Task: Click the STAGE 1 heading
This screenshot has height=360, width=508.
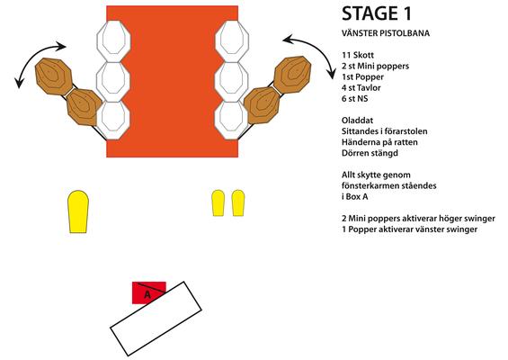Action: tap(377, 13)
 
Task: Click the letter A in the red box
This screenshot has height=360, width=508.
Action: tap(147, 295)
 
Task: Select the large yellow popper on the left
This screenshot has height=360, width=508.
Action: tap(78, 211)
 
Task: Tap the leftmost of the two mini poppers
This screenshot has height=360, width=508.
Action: tap(218, 203)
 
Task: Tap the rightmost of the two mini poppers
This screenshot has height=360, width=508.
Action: tap(238, 203)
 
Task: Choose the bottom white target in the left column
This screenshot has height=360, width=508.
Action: tap(113, 121)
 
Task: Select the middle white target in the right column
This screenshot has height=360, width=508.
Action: tap(232, 81)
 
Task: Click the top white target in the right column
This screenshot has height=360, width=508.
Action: tap(232, 41)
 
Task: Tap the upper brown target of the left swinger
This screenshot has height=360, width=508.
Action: tap(53, 76)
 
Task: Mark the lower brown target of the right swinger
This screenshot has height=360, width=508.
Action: tap(262, 105)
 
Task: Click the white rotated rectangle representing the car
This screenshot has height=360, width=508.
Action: tap(156, 319)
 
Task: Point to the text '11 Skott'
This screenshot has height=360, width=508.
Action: tap(358, 55)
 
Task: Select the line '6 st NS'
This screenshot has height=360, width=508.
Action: tap(355, 99)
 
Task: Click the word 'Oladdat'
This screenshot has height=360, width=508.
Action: tap(357, 121)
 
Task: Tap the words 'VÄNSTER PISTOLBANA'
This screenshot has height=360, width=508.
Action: tap(386, 33)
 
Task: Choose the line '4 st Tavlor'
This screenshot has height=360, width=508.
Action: tap(361, 87)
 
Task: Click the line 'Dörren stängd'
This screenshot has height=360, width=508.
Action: tap(370, 153)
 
